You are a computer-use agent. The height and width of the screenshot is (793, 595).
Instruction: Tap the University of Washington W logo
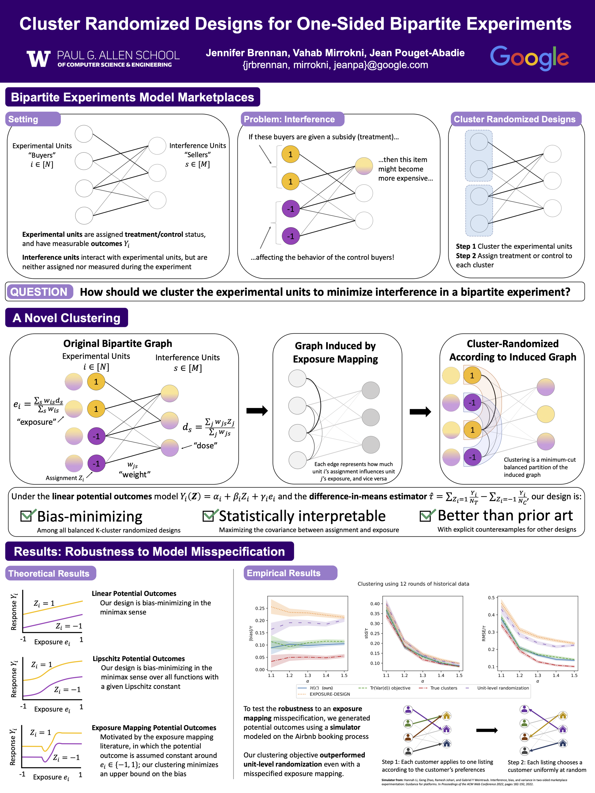click(x=38, y=59)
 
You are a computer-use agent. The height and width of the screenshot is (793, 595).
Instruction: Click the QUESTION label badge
click(x=39, y=292)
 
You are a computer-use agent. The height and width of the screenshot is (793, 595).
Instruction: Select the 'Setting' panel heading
click(x=24, y=120)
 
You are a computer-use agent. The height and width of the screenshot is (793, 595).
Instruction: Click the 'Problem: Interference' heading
click(x=289, y=120)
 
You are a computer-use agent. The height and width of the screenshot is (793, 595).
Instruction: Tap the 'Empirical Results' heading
click(x=283, y=573)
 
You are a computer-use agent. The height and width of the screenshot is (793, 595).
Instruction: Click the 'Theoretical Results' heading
click(x=49, y=573)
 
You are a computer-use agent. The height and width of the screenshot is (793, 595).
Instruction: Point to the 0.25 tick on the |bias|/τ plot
click(x=260, y=608)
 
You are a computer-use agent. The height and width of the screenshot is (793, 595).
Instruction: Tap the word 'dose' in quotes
click(x=205, y=446)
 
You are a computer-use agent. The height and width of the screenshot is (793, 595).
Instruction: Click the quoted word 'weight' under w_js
click(x=135, y=475)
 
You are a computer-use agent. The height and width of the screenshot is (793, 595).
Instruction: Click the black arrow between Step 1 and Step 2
click(x=487, y=730)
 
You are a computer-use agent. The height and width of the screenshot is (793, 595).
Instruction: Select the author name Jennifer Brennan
click(x=247, y=53)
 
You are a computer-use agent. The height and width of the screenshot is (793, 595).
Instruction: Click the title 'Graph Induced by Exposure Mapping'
click(x=335, y=352)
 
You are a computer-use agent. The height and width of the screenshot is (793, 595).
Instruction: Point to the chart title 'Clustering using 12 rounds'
click(x=413, y=584)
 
